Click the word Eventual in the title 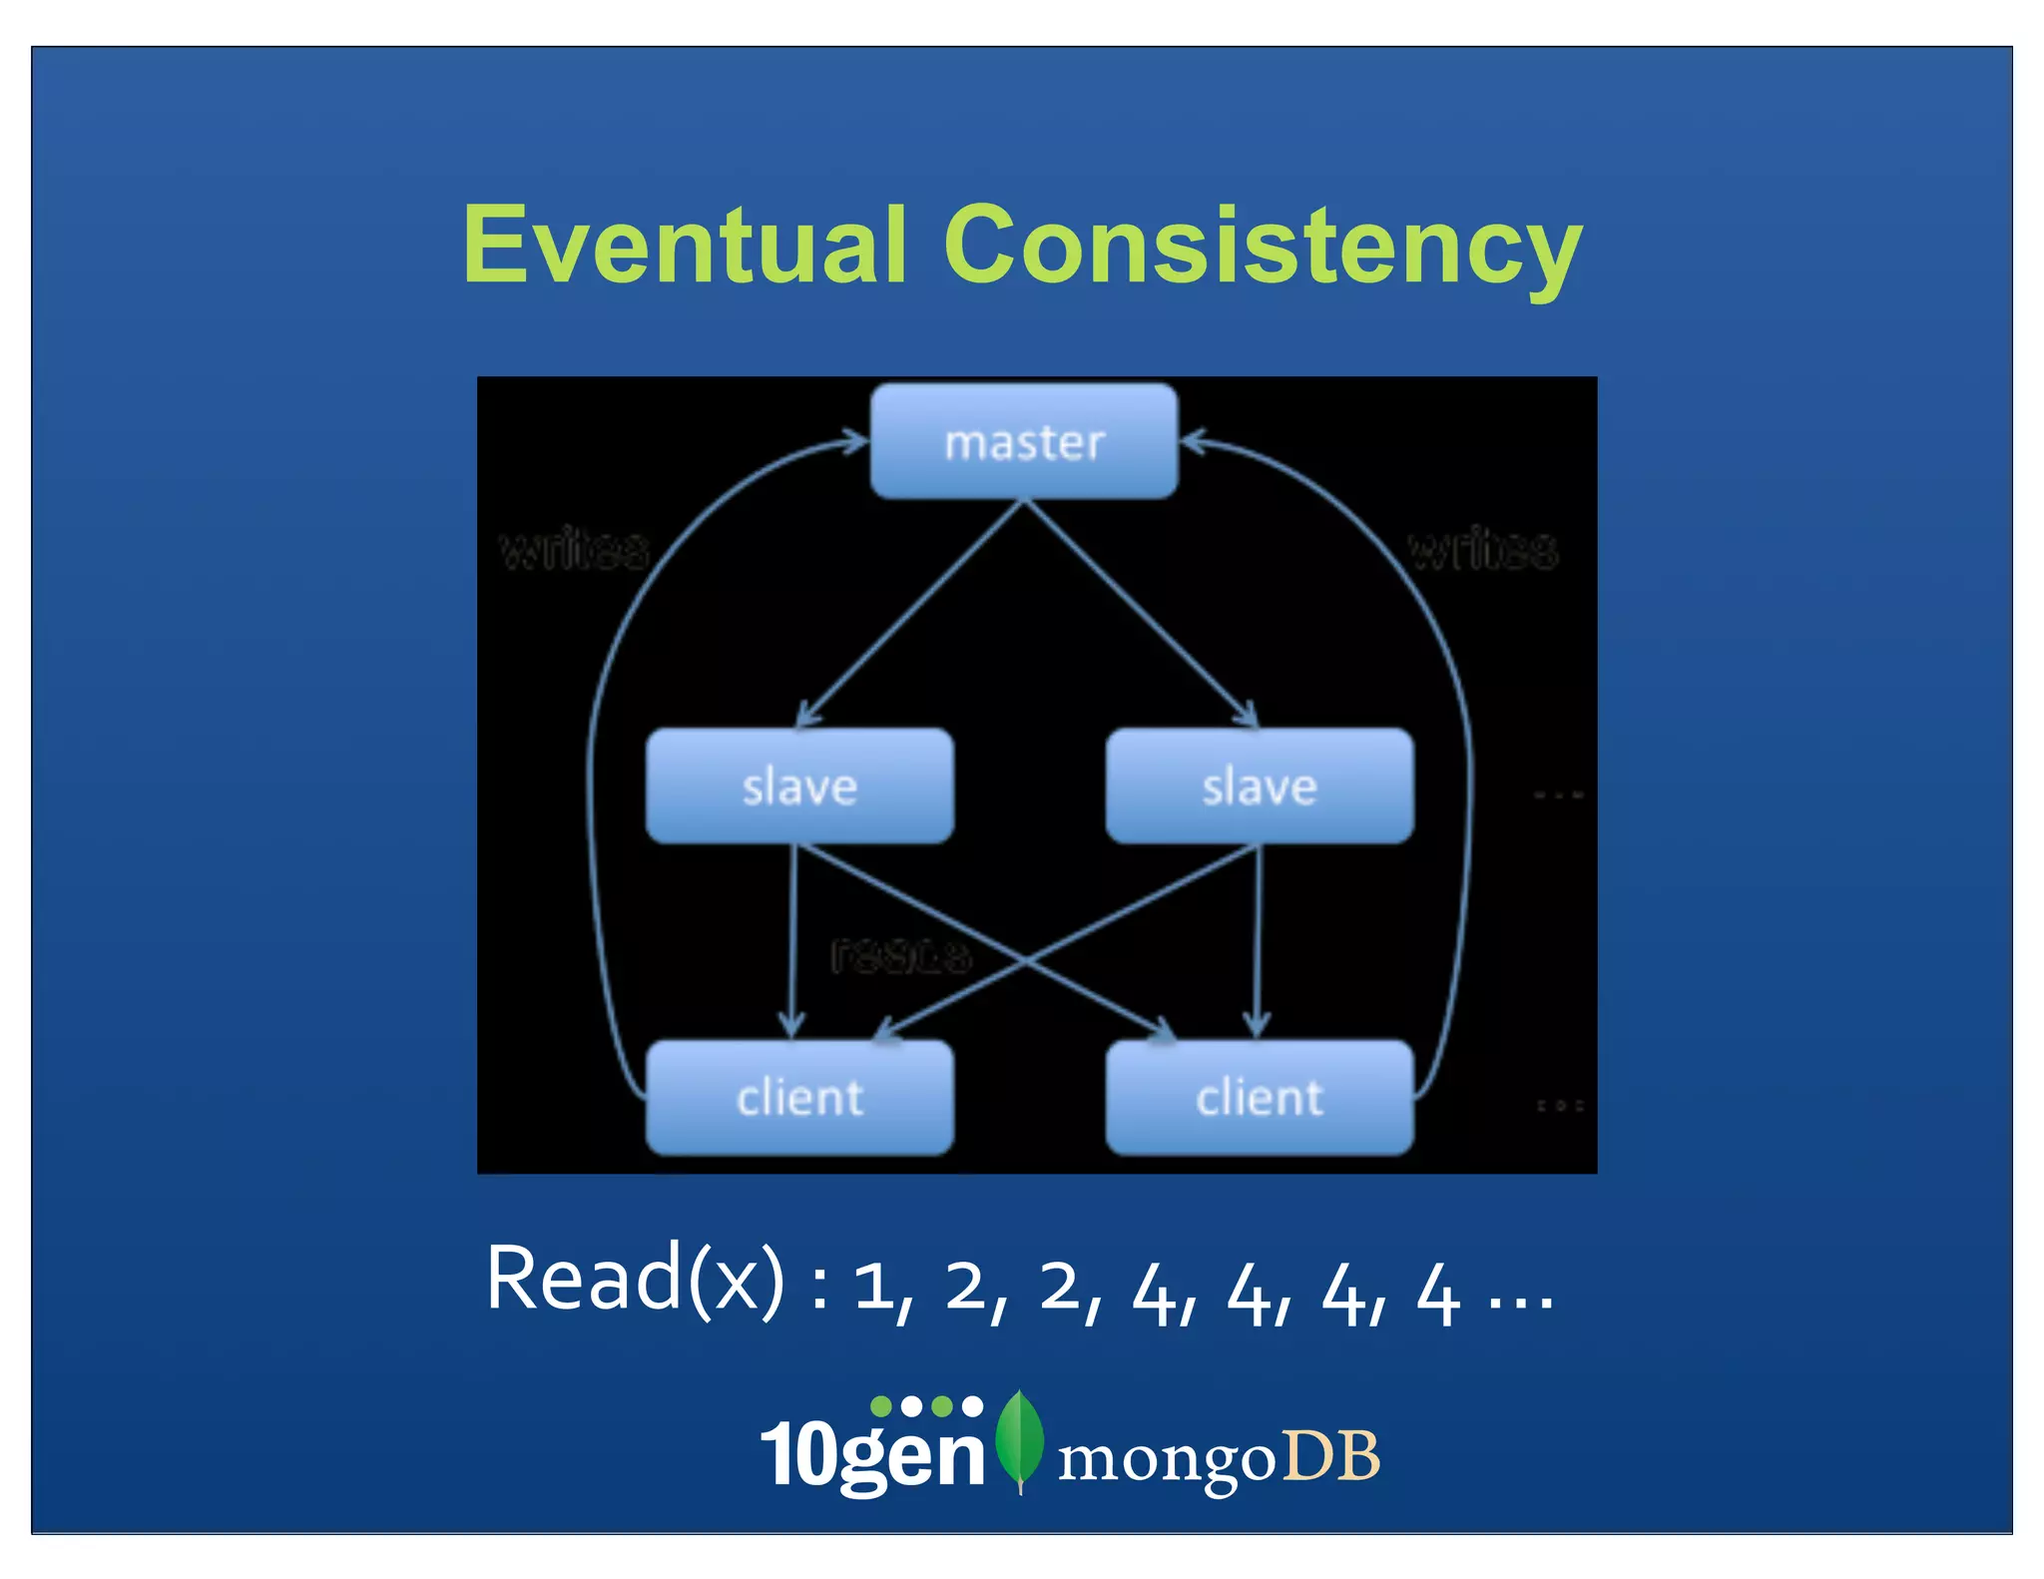pyautogui.click(x=685, y=246)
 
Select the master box pyautogui.click(x=1024, y=441)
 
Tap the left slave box pyautogui.click(x=799, y=787)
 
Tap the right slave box pyautogui.click(x=1260, y=787)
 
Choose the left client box pyautogui.click(x=799, y=1098)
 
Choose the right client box pyautogui.click(x=1260, y=1098)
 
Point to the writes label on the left pyautogui.click(x=574, y=549)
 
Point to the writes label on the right pyautogui.click(x=1483, y=549)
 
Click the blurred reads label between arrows pyautogui.click(x=900, y=956)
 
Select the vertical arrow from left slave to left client pyautogui.click(x=792, y=938)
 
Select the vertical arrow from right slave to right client pyautogui.click(x=1258, y=938)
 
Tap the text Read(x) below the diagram pyautogui.click(x=635, y=1280)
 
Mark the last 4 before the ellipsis pyautogui.click(x=1438, y=1294)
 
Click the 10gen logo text pyautogui.click(x=872, y=1453)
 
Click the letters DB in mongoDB pyautogui.click(x=1331, y=1456)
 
